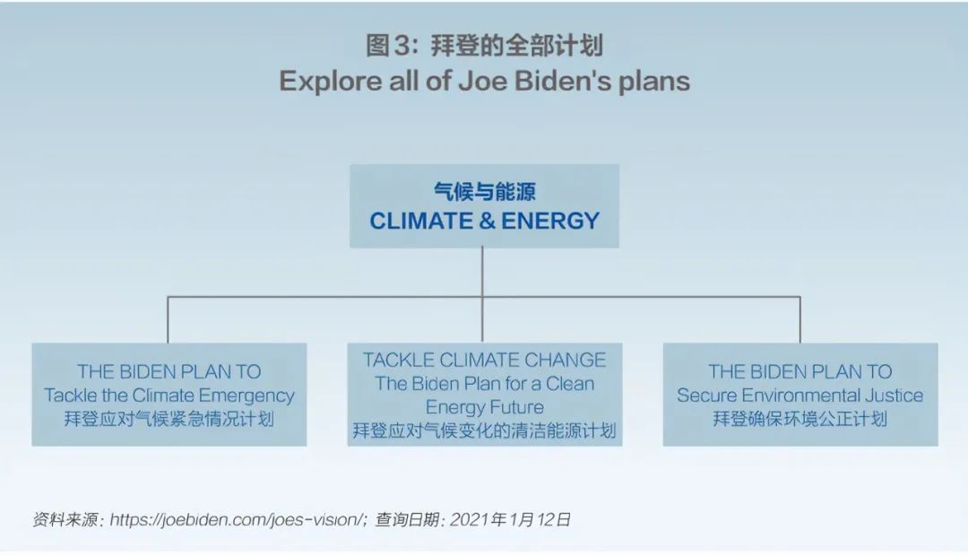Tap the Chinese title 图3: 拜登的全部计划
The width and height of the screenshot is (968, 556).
[x=484, y=45]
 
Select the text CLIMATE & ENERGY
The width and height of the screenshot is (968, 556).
[x=485, y=221]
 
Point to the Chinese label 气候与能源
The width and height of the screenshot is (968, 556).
[x=485, y=191]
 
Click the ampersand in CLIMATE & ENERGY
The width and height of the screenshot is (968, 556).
[x=487, y=221]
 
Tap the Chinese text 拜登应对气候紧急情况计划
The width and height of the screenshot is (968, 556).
[x=169, y=420]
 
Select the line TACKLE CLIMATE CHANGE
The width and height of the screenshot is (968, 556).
[x=485, y=360]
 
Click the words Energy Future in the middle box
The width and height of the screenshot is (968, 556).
[x=485, y=407]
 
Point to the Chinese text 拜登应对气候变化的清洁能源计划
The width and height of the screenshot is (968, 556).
[x=485, y=430]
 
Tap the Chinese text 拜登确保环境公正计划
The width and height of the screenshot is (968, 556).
[x=800, y=419]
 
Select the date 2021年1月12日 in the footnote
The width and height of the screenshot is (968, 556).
[x=510, y=519]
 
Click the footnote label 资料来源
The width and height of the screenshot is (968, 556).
[x=65, y=519]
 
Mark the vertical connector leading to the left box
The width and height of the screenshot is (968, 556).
[x=168, y=320]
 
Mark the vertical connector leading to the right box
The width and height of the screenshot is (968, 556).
[x=800, y=320]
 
